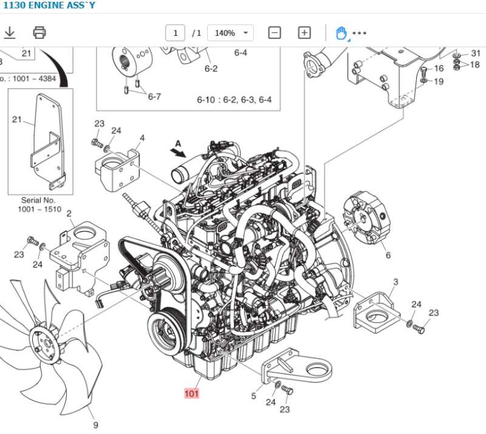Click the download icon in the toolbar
10,32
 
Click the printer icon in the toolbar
39,32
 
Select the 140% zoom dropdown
230,33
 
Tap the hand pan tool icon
341,33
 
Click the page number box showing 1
175,33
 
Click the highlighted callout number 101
192,393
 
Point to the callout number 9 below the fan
95,425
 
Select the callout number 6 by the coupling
388,255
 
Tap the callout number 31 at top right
475,54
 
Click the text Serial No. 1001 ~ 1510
39,205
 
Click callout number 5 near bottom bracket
253,396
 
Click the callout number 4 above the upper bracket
142,138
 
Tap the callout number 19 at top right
439,81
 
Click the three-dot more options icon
360,33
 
